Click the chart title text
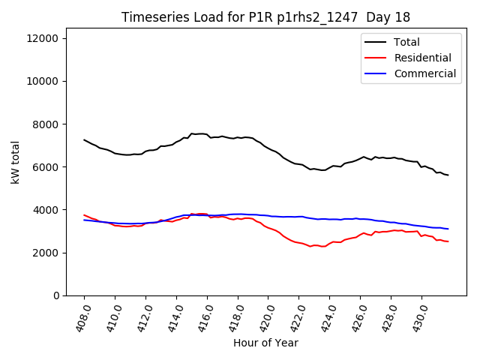point(265,16)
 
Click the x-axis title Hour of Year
point(265,343)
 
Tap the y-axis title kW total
point(16,162)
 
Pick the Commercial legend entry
point(424,73)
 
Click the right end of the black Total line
point(448,175)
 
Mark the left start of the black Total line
point(84,139)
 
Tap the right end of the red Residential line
point(448,241)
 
